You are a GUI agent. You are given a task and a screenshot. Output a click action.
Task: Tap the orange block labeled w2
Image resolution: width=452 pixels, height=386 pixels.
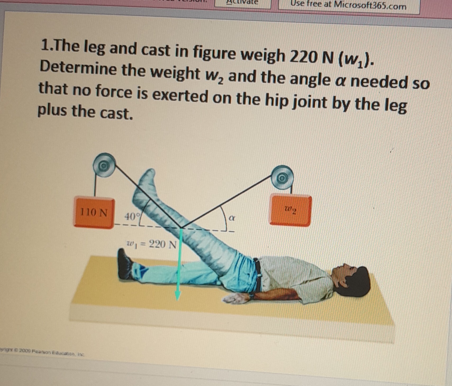[x=290, y=211]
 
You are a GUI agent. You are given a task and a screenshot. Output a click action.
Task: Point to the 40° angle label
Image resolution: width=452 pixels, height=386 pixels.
[x=130, y=217]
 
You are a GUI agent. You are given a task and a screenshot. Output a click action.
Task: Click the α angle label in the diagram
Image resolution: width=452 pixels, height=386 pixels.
[x=232, y=218]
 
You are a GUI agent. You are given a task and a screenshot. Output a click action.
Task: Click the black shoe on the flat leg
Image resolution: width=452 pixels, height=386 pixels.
[x=125, y=264]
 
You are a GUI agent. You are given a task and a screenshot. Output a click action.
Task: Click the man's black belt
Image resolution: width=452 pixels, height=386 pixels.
[x=258, y=276]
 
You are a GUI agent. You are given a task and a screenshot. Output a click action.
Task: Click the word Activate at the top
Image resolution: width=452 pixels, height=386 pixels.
[x=242, y=2]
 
